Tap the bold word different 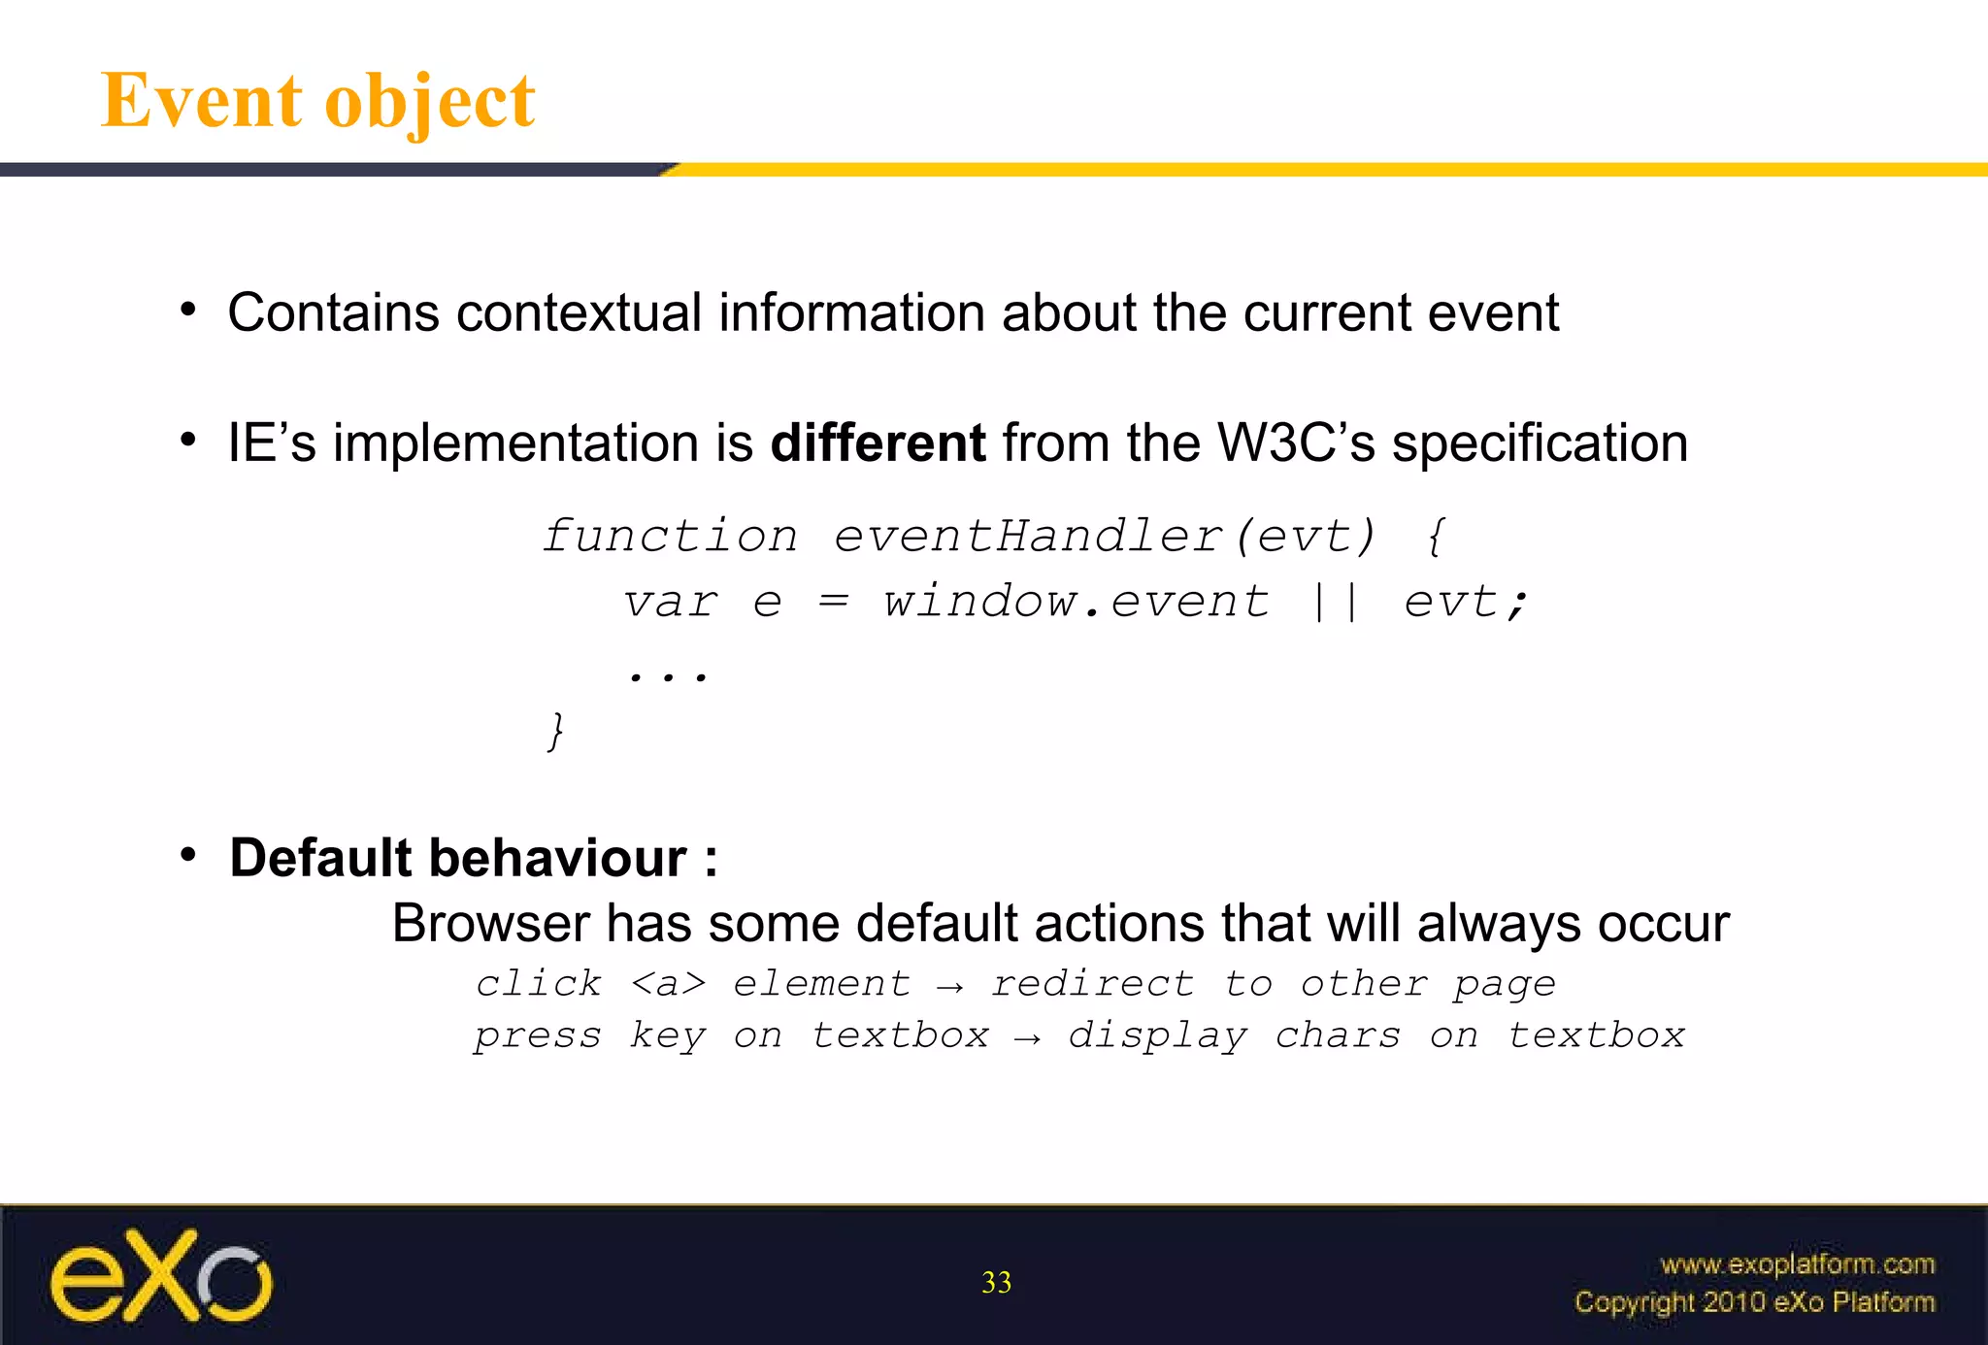click(878, 443)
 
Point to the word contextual click(579, 313)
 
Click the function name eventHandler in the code click(1028, 537)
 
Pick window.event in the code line click(1076, 602)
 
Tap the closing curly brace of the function click(555, 731)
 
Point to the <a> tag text click(668, 984)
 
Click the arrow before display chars click(1028, 1039)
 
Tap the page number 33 click(996, 1283)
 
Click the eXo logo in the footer click(161, 1276)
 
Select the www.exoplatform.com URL click(1797, 1264)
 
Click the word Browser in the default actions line click(490, 923)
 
